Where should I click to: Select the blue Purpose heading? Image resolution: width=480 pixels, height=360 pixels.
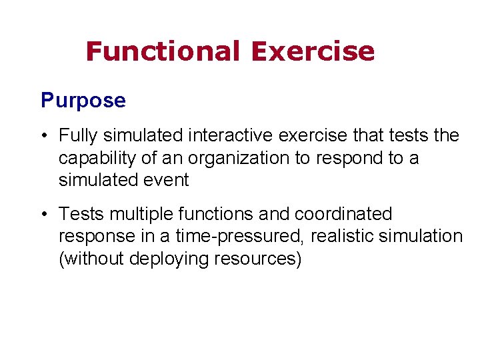pos(83,101)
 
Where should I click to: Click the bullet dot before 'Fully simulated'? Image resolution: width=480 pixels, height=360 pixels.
pos(43,136)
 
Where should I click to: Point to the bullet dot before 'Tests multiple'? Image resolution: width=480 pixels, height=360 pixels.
pos(43,215)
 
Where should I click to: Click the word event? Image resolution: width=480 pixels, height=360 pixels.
pos(169,180)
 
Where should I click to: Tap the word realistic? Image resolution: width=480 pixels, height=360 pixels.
pos(342,237)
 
